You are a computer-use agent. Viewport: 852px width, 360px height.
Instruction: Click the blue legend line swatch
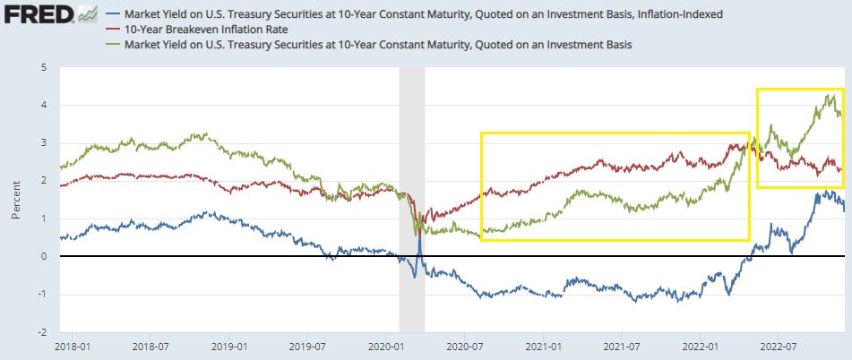coord(114,15)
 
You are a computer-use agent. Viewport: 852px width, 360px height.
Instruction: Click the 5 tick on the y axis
coord(43,67)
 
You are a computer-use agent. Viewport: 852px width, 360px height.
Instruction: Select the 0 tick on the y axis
coord(43,256)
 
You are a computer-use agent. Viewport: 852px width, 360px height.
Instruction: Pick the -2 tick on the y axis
coord(40,331)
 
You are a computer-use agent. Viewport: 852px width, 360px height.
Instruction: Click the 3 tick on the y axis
coord(43,143)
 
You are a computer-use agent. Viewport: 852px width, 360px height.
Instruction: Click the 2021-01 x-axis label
coord(543,346)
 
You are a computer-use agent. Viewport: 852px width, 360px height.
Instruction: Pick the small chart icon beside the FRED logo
coord(87,14)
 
